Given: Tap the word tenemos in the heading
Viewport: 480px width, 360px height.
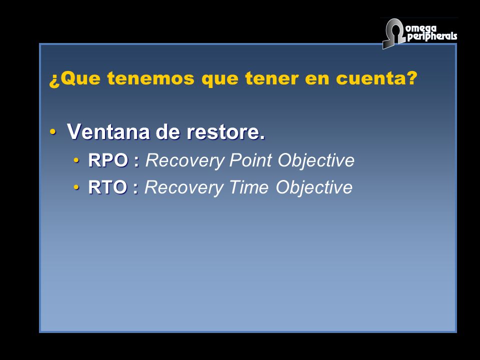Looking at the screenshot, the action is coord(150,78).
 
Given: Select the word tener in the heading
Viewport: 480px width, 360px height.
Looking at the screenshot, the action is coord(272,78).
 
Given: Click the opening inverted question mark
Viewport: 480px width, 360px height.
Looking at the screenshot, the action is coord(54,80).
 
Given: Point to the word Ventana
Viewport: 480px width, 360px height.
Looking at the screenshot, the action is coord(108,131).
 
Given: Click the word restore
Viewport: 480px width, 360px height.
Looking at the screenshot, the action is coord(225,132).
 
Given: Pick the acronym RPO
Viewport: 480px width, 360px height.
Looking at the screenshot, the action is coord(108,160).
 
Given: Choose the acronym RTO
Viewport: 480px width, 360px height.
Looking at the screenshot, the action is coord(107,187).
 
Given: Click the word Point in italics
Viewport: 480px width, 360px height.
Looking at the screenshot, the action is coord(250,160).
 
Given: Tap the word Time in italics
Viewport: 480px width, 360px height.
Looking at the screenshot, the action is coord(248,187).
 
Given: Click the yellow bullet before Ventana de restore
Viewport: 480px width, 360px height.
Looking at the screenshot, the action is coord(53,132).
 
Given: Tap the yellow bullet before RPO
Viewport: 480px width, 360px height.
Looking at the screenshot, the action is coord(76,160).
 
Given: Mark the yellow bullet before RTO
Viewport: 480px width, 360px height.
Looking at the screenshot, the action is coord(76,187).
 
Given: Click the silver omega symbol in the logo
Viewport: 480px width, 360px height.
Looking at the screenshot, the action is coord(393,33).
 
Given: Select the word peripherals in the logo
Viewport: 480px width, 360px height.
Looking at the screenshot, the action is coord(432,36).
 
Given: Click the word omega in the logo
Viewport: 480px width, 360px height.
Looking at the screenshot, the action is coord(421,29).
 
